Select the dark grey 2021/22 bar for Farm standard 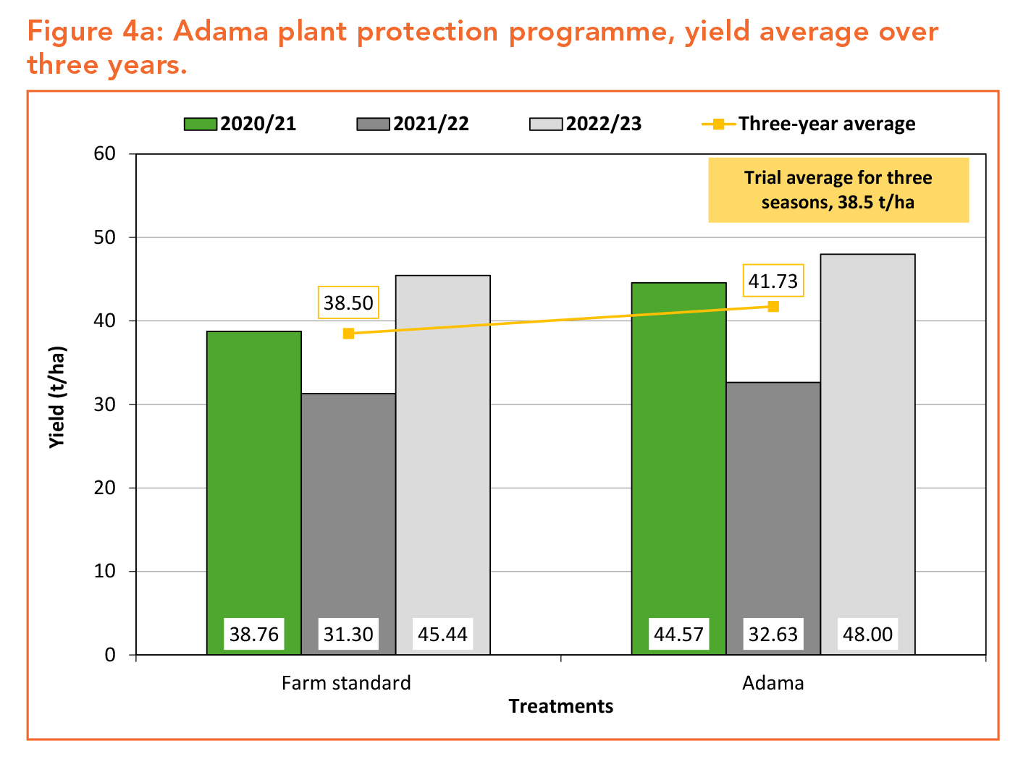tap(348, 507)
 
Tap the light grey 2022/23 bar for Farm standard tap(442, 449)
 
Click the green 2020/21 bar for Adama tap(678, 456)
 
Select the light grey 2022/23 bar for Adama tap(867, 434)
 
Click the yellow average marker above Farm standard tap(348, 334)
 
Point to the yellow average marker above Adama tap(773, 306)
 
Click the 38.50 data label tap(348, 302)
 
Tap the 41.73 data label tap(773, 280)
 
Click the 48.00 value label tap(867, 635)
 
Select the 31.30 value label tap(348, 635)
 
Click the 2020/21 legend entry tap(240, 124)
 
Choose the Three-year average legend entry tap(809, 124)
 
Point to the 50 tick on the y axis tap(105, 237)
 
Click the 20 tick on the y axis tap(105, 488)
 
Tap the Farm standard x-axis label tap(346, 683)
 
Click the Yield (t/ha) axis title tap(57, 397)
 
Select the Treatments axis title tap(560, 706)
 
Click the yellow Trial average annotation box tap(838, 190)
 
